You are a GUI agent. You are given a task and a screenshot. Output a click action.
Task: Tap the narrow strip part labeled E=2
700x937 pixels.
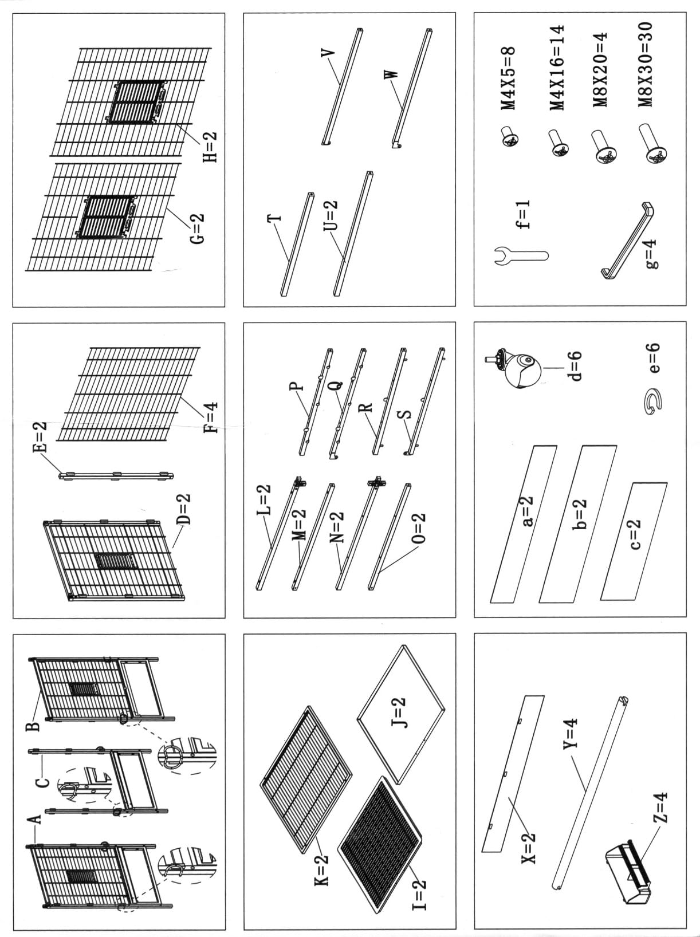[x=116, y=475]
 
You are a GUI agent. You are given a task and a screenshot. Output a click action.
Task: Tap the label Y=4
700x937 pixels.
[x=572, y=745]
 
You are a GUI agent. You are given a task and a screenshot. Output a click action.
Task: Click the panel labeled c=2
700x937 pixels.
[x=634, y=541]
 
